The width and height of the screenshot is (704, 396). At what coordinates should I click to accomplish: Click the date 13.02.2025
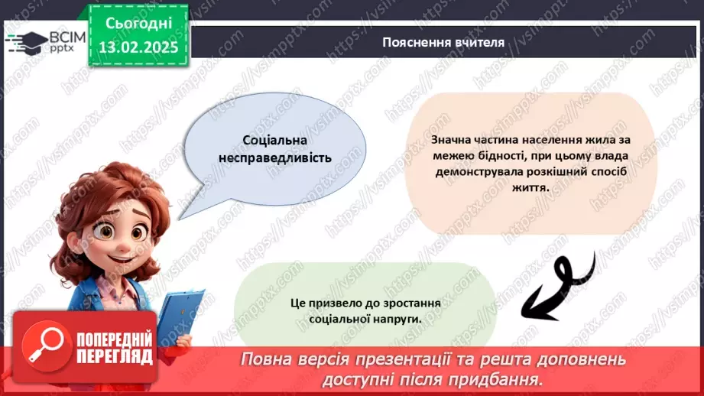point(138,47)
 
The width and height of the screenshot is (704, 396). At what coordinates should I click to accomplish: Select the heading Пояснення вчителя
point(443,42)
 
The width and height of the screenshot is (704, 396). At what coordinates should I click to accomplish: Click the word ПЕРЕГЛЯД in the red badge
point(113,355)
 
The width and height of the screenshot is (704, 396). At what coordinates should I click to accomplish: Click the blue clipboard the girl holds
point(179,313)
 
